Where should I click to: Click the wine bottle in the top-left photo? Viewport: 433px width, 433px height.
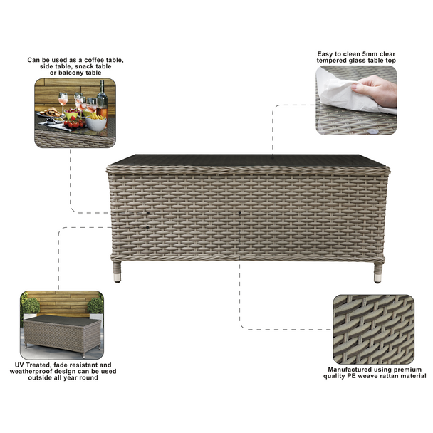pos(102,98)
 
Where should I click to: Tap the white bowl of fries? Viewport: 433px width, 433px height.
pos(96,122)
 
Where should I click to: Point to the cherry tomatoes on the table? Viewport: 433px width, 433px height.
pos(74,124)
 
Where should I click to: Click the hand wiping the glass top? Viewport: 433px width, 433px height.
pos(376,90)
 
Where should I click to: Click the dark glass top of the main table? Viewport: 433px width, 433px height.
pos(249,160)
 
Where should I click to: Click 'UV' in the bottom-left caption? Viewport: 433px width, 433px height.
pos(20,365)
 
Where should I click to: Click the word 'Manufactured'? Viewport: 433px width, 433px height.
pos(353,370)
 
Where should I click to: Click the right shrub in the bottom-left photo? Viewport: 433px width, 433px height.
pos(95,306)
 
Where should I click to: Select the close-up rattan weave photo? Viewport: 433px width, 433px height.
pos(374,329)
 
